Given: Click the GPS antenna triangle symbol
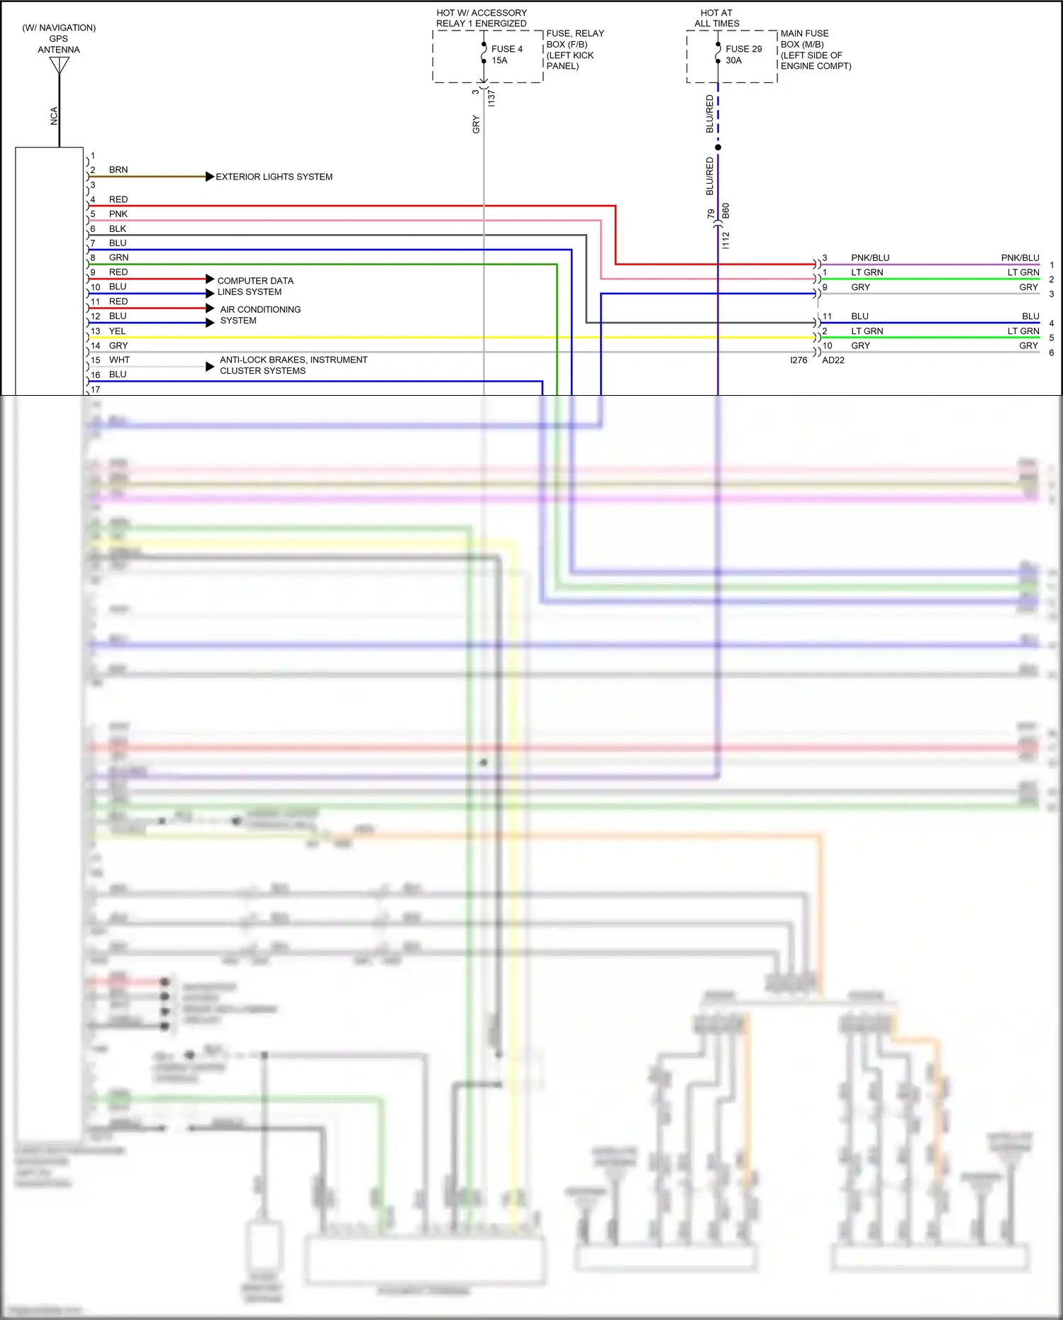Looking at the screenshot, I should pyautogui.click(x=60, y=65).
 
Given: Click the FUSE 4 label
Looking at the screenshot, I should pyautogui.click(x=506, y=49).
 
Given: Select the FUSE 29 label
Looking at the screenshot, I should pyautogui.click(x=743, y=49).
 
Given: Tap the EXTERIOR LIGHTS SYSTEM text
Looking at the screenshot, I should pyautogui.click(x=274, y=177).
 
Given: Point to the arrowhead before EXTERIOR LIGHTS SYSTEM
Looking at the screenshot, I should pyautogui.click(x=210, y=177).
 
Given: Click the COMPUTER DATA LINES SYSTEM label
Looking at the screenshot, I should pyautogui.click(x=255, y=287).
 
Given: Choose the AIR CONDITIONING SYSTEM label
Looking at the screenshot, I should pyautogui.click(x=260, y=315).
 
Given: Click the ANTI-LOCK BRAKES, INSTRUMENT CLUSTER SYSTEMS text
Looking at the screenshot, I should pyautogui.click(x=293, y=365).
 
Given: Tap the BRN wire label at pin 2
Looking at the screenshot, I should pyautogui.click(x=118, y=170).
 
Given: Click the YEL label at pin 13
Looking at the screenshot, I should pyautogui.click(x=117, y=331).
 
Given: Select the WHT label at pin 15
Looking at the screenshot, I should pyautogui.click(x=119, y=360).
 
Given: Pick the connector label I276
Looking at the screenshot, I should pyautogui.click(x=798, y=360).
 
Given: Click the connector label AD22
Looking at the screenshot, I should pyautogui.click(x=833, y=360).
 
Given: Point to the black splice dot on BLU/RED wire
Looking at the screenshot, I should pyautogui.click(x=718, y=148).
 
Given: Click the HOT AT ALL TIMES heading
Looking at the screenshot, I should pyautogui.click(x=716, y=18).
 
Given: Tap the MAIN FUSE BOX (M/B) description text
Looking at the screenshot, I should pyautogui.click(x=816, y=50).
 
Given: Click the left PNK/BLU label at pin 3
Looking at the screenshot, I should pyautogui.click(x=869, y=258).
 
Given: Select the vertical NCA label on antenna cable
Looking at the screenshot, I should pyautogui.click(x=54, y=116).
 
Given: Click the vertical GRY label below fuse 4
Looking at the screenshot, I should pyautogui.click(x=476, y=125).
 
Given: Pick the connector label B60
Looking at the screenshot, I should pyautogui.click(x=725, y=211).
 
